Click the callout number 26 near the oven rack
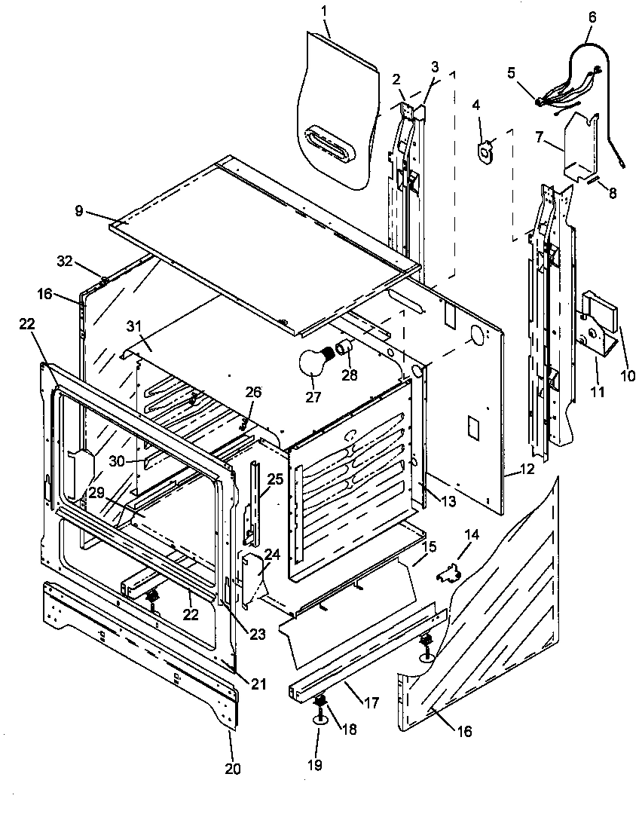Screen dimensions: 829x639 [x=253, y=392]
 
